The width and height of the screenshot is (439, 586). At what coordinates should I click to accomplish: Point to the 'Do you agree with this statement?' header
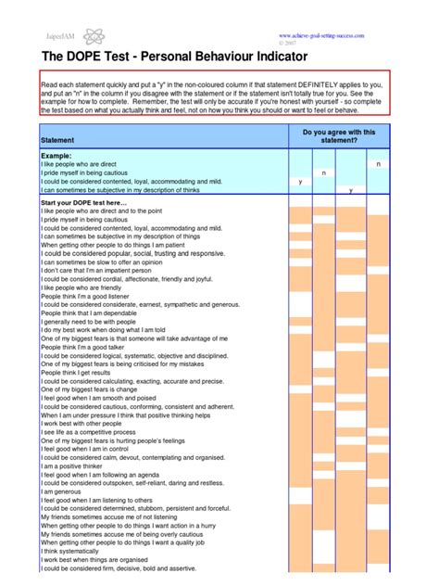(338, 136)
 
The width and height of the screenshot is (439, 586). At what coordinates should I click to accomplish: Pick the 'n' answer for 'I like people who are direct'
(404, 164)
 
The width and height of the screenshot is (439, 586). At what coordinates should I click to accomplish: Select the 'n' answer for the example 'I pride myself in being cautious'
(349, 172)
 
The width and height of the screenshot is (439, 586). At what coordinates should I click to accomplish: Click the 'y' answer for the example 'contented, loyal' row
(301, 181)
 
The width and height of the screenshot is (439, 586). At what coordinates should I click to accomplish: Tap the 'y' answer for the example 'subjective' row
(350, 189)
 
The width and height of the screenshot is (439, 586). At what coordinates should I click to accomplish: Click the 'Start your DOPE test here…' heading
(84, 202)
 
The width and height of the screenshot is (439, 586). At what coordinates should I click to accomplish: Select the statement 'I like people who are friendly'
(81, 287)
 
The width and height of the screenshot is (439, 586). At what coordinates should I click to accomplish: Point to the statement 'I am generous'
(61, 491)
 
